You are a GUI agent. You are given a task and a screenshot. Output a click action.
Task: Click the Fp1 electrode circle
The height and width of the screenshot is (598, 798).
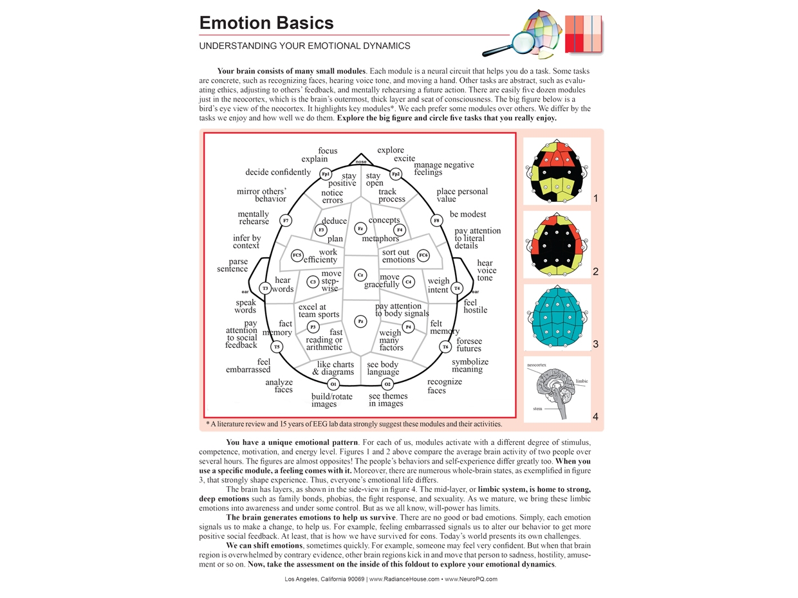(x=326, y=174)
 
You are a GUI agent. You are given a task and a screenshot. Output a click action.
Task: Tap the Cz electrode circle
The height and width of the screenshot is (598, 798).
(x=360, y=275)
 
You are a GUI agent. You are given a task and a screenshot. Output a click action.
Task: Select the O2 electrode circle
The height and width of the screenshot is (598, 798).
(x=387, y=385)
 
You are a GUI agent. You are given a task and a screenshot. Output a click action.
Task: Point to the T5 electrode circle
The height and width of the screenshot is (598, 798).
(x=277, y=347)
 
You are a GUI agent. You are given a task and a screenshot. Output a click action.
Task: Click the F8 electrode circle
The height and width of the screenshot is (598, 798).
(x=436, y=221)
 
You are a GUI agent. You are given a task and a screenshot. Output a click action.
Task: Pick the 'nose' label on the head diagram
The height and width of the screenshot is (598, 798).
(x=360, y=162)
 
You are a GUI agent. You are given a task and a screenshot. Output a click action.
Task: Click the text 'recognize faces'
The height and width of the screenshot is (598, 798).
(x=445, y=386)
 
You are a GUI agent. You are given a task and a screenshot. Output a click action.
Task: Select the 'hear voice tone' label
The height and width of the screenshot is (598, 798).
(x=485, y=270)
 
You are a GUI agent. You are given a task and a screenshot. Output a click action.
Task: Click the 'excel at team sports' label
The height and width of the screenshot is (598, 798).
(x=319, y=311)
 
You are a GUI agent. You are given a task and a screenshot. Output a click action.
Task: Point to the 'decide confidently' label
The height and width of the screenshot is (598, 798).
(x=278, y=172)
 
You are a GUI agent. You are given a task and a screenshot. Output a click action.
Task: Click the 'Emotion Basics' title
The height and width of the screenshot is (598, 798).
(x=266, y=23)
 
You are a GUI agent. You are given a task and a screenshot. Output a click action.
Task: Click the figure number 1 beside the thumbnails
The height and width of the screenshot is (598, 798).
(x=595, y=199)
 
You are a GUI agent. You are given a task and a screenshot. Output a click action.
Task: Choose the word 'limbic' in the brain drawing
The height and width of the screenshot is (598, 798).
(x=581, y=381)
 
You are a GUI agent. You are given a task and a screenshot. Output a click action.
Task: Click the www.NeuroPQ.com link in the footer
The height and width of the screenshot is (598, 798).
(x=470, y=579)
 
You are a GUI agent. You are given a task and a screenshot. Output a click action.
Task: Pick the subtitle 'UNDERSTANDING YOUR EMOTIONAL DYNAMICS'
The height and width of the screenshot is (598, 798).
(x=304, y=46)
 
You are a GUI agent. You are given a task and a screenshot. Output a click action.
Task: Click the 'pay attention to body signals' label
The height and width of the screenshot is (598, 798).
(x=402, y=310)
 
